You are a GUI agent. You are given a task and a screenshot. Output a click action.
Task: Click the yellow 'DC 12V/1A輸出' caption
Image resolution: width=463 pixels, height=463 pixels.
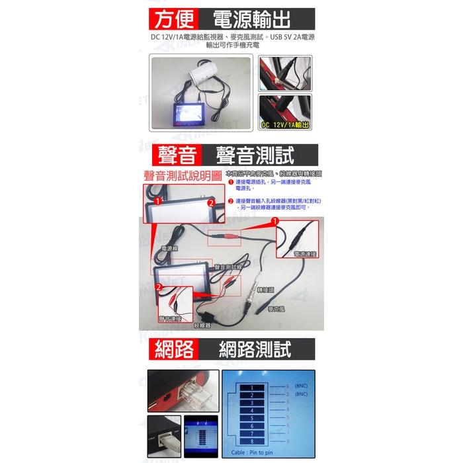(x=286, y=124)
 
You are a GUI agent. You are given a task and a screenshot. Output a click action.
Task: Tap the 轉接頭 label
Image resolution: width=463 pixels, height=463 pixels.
(x=264, y=290)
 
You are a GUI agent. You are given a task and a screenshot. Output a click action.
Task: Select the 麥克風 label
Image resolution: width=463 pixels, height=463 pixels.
(x=276, y=309)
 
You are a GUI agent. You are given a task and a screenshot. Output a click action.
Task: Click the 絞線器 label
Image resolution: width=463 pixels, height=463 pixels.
(x=202, y=325)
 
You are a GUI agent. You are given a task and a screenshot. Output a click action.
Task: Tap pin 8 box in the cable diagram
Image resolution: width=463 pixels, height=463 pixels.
(x=251, y=441)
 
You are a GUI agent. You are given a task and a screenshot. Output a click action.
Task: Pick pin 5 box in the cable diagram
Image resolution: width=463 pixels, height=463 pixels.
(x=251, y=418)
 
